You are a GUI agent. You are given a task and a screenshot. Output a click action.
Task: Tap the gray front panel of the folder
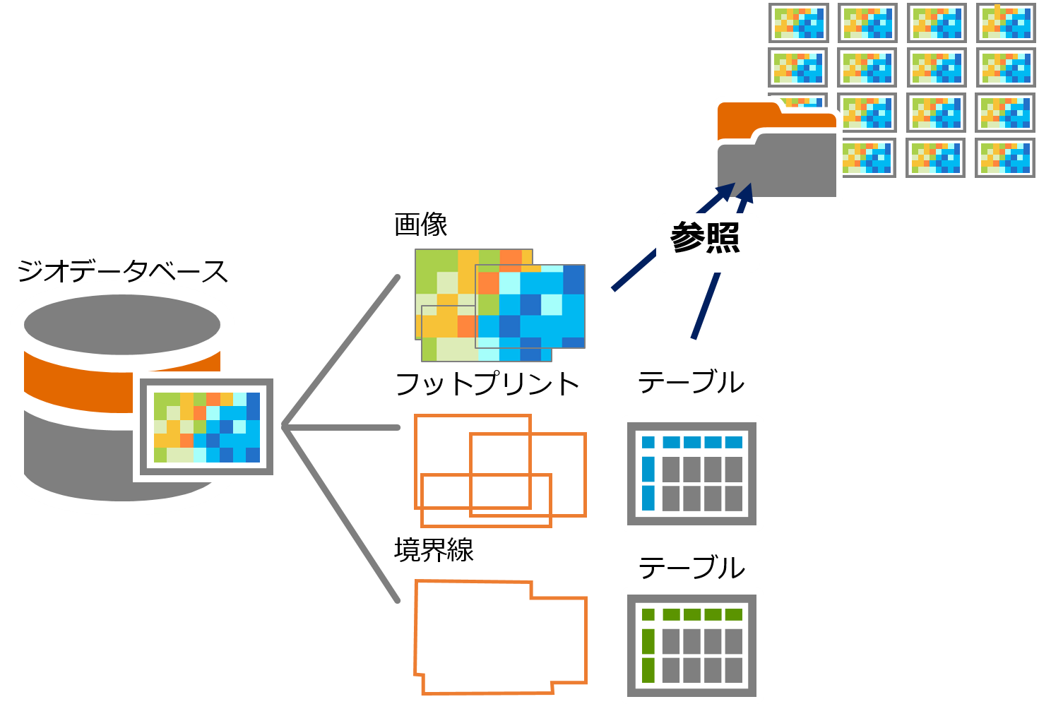(x=777, y=169)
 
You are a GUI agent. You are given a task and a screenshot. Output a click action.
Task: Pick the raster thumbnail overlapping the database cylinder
(x=207, y=427)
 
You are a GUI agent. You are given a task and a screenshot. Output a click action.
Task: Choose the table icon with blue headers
(x=692, y=473)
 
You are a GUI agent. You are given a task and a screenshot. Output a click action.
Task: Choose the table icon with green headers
(x=692, y=645)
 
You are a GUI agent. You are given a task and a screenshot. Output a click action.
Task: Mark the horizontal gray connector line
(x=343, y=427)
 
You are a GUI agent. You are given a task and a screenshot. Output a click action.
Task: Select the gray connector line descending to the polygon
(x=343, y=515)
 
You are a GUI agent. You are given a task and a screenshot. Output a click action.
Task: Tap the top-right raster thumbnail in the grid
(x=1004, y=23)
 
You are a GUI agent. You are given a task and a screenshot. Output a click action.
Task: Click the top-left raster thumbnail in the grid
(x=798, y=23)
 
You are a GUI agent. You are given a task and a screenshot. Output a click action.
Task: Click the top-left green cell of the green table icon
(x=648, y=614)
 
